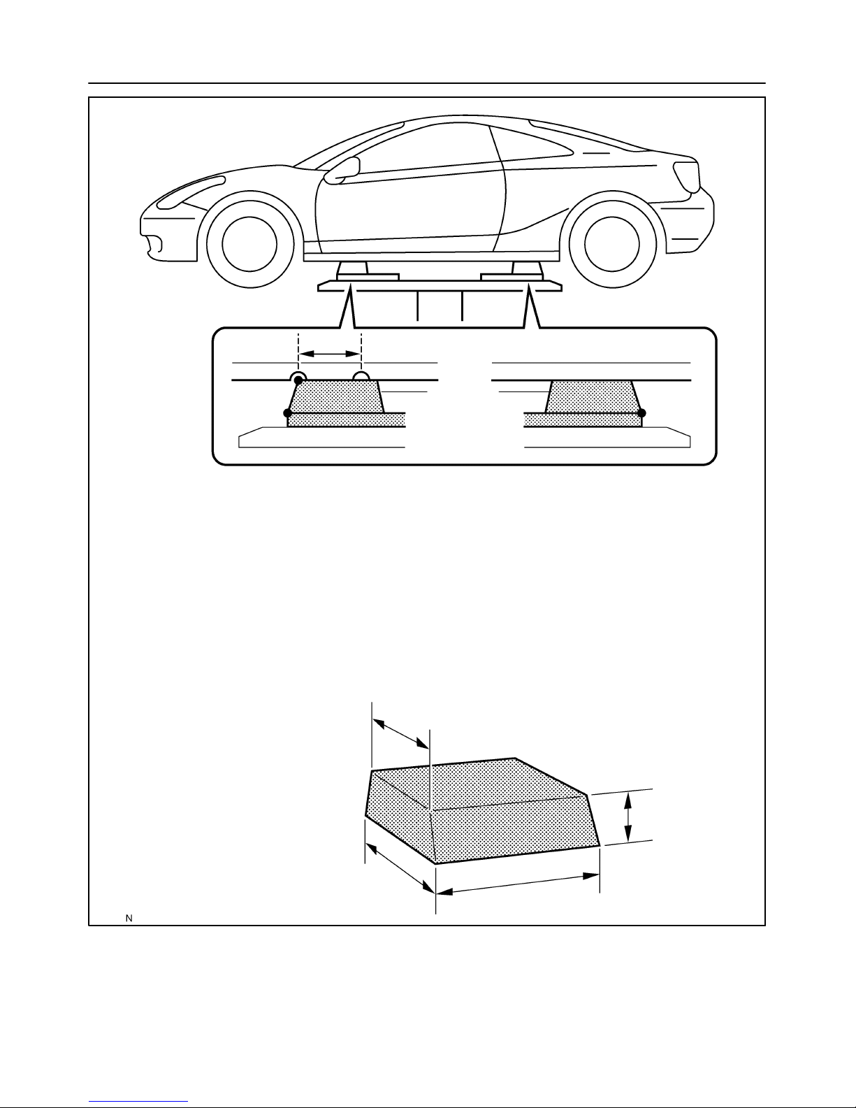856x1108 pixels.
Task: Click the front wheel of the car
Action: pyautogui.click(x=249, y=244)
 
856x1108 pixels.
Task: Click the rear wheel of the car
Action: pyautogui.click(x=612, y=244)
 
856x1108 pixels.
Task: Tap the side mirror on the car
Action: pyautogui.click(x=342, y=171)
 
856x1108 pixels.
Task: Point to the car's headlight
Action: pyautogui.click(x=190, y=192)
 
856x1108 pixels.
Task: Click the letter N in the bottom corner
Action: pyautogui.click(x=129, y=919)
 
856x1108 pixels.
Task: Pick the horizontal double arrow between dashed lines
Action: pyautogui.click(x=330, y=354)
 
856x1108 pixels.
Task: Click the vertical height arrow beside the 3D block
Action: pyautogui.click(x=628, y=817)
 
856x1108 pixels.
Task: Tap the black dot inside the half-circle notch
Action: pyautogui.click(x=298, y=380)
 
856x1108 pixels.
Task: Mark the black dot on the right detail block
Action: pyautogui.click(x=641, y=413)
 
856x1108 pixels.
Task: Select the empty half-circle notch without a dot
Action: pyautogui.click(x=361, y=377)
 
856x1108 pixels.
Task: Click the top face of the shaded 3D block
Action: pyautogui.click(x=479, y=784)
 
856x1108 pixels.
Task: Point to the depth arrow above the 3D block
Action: pyautogui.click(x=400, y=733)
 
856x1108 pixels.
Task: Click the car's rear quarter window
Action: pyautogui.click(x=535, y=144)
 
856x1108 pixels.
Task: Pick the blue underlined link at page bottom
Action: pyautogui.click(x=138, y=1100)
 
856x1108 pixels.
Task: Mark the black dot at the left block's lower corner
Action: pyautogui.click(x=287, y=413)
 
